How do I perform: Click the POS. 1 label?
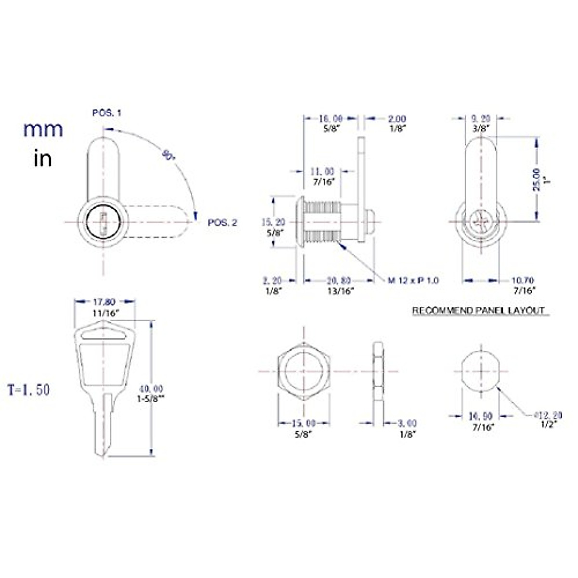pos(106,113)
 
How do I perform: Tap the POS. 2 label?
pos(222,223)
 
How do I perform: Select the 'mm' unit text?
pos(43,130)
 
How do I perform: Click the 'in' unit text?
pos(43,158)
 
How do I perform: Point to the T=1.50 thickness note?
pos(28,390)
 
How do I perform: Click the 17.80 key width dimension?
pos(104,302)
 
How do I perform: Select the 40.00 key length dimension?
pos(151,389)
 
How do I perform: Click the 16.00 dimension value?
pos(331,118)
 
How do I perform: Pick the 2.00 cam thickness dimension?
pos(397,118)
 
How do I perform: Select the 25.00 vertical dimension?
pos(537,180)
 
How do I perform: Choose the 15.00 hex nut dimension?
pos(303,423)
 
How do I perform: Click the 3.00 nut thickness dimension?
pos(407,423)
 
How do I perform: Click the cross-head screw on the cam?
pos(481,222)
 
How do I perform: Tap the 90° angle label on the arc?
pos(167,155)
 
